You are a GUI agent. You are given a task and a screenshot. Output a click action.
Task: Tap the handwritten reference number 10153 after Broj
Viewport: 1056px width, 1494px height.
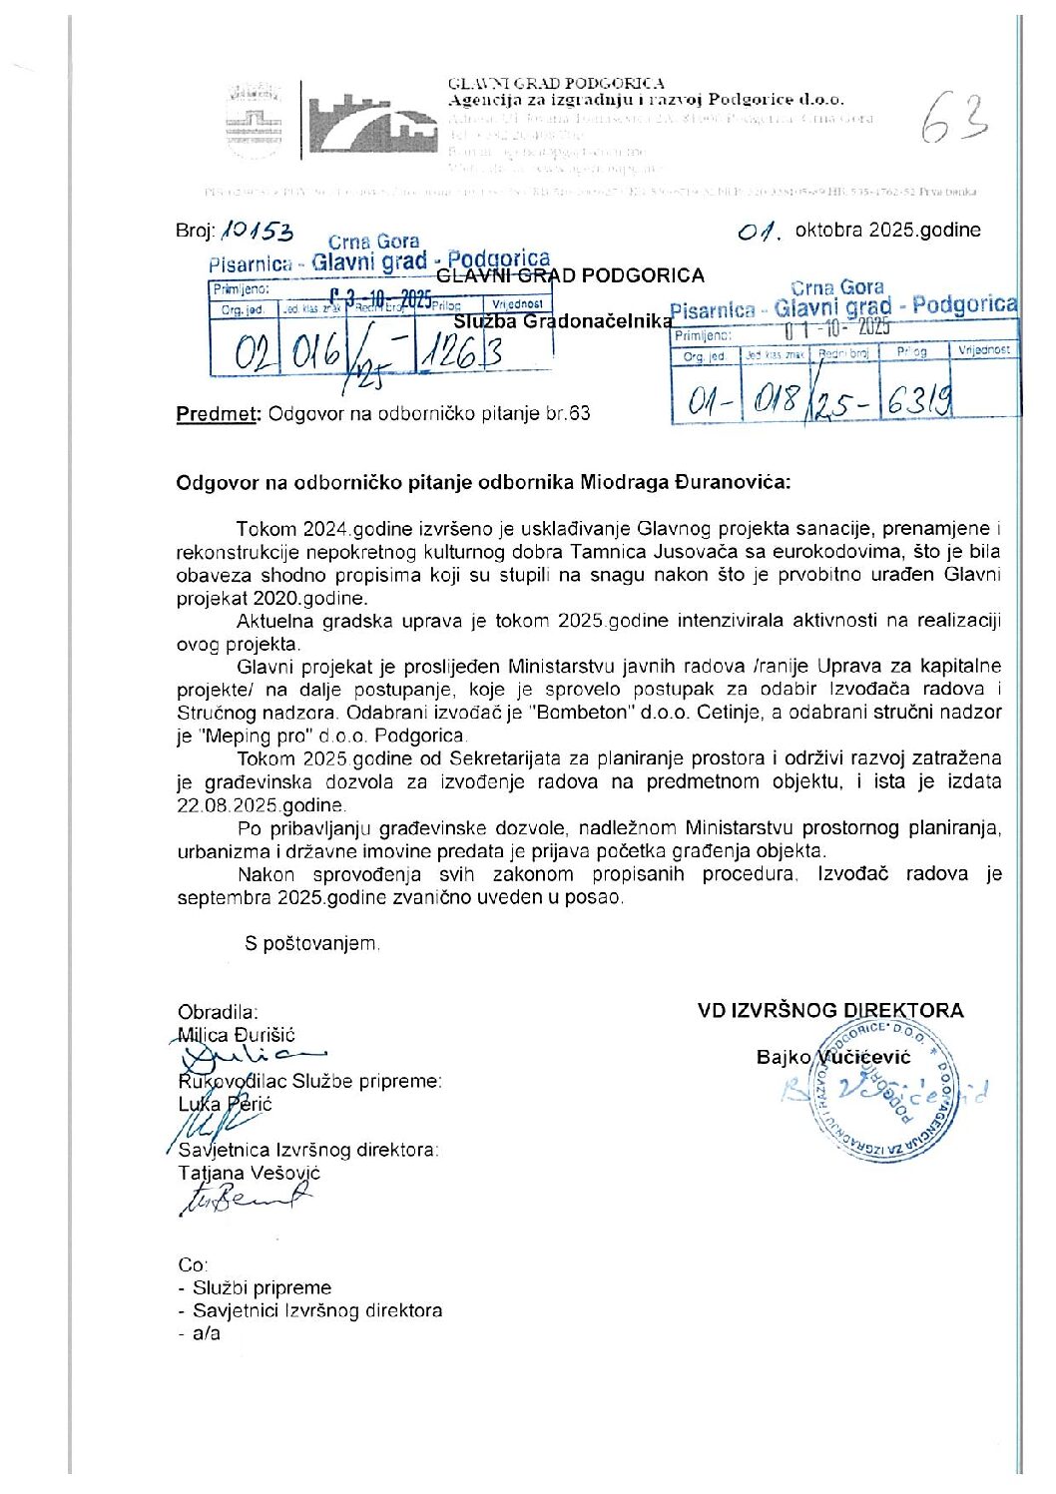click(258, 232)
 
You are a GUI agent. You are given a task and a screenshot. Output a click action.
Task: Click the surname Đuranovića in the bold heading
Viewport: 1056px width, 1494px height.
click(739, 482)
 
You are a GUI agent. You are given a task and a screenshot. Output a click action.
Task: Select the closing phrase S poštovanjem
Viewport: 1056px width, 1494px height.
click(310, 943)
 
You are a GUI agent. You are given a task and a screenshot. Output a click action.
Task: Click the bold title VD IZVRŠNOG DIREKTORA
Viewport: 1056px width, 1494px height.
click(830, 1010)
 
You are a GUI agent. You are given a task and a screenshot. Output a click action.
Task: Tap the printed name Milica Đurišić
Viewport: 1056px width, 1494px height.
click(237, 1035)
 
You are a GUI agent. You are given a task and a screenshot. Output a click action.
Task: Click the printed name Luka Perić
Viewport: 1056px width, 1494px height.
click(225, 1104)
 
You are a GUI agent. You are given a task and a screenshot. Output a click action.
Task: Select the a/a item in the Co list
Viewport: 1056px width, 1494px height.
click(207, 1333)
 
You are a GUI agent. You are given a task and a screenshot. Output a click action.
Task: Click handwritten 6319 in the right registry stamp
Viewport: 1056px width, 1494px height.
click(918, 400)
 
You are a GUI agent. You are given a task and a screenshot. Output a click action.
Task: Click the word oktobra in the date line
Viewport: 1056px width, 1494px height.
click(828, 230)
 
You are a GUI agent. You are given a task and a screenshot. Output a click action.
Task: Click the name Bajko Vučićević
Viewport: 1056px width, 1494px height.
click(832, 1057)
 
